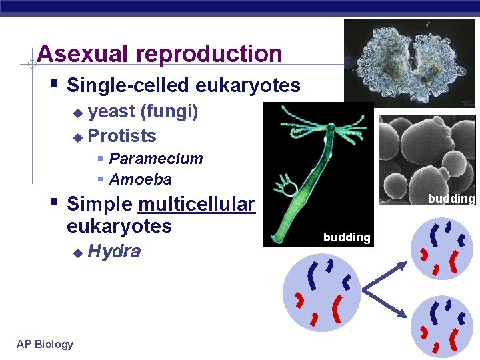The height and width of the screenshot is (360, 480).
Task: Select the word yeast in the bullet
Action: (111, 111)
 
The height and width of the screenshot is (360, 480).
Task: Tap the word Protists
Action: (122, 136)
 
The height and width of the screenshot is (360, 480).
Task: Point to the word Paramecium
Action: (155, 159)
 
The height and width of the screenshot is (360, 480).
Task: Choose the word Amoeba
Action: (140, 179)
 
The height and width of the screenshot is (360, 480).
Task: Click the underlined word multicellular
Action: (197, 204)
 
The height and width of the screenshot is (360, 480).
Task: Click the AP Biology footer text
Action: (45, 344)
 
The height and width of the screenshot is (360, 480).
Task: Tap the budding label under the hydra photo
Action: (347, 237)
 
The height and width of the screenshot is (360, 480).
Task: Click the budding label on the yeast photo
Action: (451, 199)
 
